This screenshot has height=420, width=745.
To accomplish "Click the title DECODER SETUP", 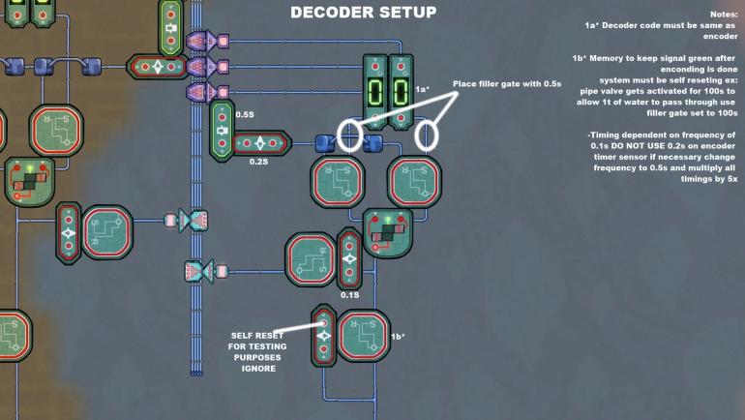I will click(x=363, y=13).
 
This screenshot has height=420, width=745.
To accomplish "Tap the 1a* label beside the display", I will click(x=422, y=89).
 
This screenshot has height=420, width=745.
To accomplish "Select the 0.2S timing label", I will click(x=257, y=163).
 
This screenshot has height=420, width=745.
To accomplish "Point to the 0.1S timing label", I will click(x=350, y=294).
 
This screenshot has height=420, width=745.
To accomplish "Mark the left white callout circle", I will click(x=349, y=135).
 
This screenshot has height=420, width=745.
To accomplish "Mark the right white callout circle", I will click(x=426, y=135).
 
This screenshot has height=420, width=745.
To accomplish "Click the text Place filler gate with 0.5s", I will click(x=506, y=83).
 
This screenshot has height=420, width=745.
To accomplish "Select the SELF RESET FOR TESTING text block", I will click(x=257, y=350).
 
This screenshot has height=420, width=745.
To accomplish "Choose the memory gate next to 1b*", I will click(x=363, y=336).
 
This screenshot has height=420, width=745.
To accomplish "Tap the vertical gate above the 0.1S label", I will click(x=348, y=258).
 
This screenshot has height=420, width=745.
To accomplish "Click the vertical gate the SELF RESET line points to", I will click(x=324, y=336).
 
